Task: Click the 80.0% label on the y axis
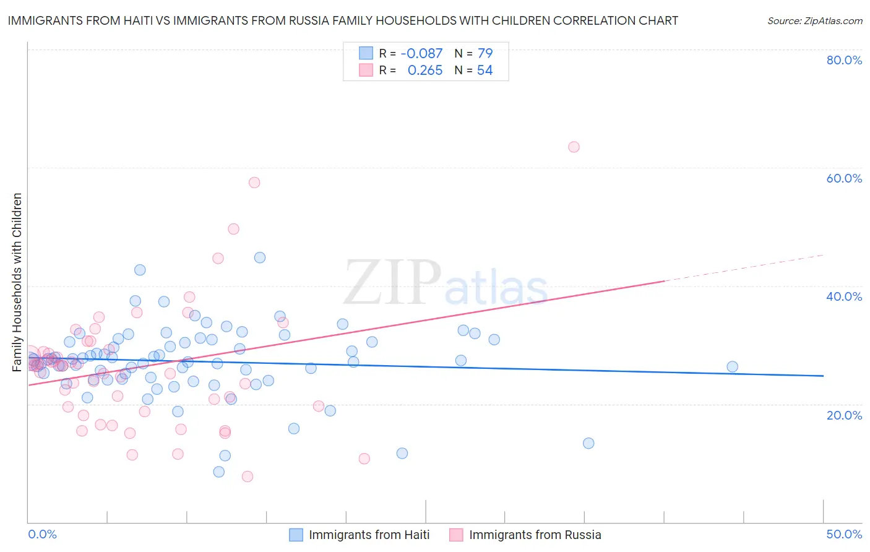[x=844, y=60]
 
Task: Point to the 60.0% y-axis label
[x=844, y=178]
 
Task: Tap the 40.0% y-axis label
[x=844, y=296]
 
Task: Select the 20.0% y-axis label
[x=844, y=415]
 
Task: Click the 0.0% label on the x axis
[x=42, y=534]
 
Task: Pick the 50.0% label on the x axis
[x=844, y=534]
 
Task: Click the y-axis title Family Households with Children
[x=17, y=282]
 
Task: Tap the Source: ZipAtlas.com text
[x=814, y=20]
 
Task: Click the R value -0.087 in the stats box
[x=421, y=53]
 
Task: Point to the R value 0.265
[x=425, y=71]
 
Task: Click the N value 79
[x=485, y=53]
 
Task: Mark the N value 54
[x=485, y=71]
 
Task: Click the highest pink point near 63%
[x=574, y=147]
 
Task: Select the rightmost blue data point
[x=732, y=366]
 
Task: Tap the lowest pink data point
[x=248, y=476]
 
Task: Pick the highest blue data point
[x=260, y=257]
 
